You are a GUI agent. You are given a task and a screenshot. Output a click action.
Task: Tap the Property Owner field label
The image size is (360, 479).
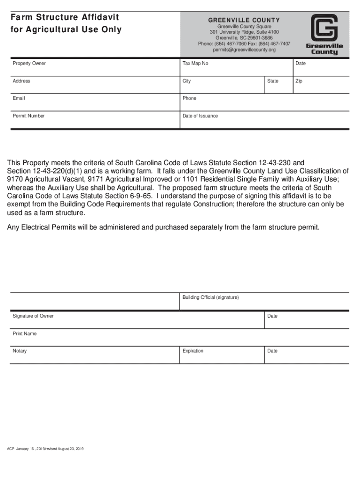[x=29, y=63]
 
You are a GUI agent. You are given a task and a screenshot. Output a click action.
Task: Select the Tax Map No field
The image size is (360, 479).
[x=195, y=63]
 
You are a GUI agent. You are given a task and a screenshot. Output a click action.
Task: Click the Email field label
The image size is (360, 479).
[x=19, y=98]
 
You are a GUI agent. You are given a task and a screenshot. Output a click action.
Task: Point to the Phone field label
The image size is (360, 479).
[x=189, y=98]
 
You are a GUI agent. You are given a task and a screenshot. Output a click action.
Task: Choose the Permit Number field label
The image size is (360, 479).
[x=29, y=116]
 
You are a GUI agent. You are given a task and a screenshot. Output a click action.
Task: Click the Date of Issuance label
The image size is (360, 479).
[x=200, y=116]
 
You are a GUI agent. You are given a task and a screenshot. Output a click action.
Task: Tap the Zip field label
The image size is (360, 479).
[x=299, y=81]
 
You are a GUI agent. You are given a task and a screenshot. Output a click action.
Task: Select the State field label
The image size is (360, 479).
[x=273, y=81]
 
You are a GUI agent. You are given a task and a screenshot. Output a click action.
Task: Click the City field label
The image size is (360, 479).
[x=187, y=81]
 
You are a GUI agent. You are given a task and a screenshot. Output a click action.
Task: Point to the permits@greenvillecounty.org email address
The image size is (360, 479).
[x=244, y=50]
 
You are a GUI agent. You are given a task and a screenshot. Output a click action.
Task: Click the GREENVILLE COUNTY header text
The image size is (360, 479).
[x=244, y=20]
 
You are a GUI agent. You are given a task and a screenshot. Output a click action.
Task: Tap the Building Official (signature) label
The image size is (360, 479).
[x=210, y=298]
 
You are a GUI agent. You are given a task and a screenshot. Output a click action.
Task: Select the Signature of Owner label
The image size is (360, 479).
[x=33, y=316]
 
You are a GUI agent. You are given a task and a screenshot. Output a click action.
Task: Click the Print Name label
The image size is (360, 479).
[x=24, y=334]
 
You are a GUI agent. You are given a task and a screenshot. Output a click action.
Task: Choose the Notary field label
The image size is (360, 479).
[x=20, y=351]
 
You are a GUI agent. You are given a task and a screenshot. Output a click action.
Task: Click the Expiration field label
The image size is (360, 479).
[x=193, y=351]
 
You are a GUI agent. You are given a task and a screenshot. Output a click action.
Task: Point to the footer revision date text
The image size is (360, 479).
[x=45, y=449]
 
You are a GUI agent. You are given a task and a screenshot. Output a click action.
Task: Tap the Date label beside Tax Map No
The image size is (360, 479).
[x=301, y=63]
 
